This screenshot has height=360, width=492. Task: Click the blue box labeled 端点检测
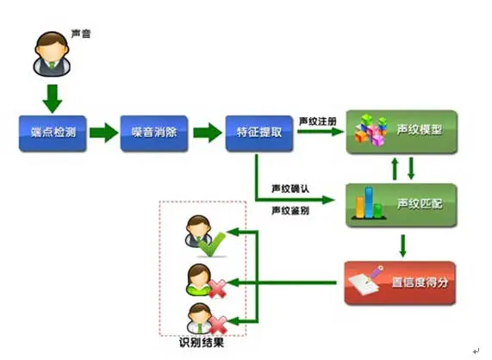[53, 133]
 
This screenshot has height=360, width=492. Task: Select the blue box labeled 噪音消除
[153, 133]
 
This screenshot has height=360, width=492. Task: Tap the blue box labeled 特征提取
[258, 133]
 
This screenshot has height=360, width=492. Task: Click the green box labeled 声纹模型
[401, 131]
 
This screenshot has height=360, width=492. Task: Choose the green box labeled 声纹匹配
[401, 204]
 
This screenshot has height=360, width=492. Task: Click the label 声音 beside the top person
[80, 34]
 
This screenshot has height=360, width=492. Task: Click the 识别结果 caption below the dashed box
[203, 344]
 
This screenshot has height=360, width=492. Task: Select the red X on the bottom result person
[215, 324]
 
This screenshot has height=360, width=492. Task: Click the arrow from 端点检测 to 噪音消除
[103, 133]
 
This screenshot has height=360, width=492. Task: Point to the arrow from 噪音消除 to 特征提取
[206, 133]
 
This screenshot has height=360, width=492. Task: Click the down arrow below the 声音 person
[51, 96]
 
